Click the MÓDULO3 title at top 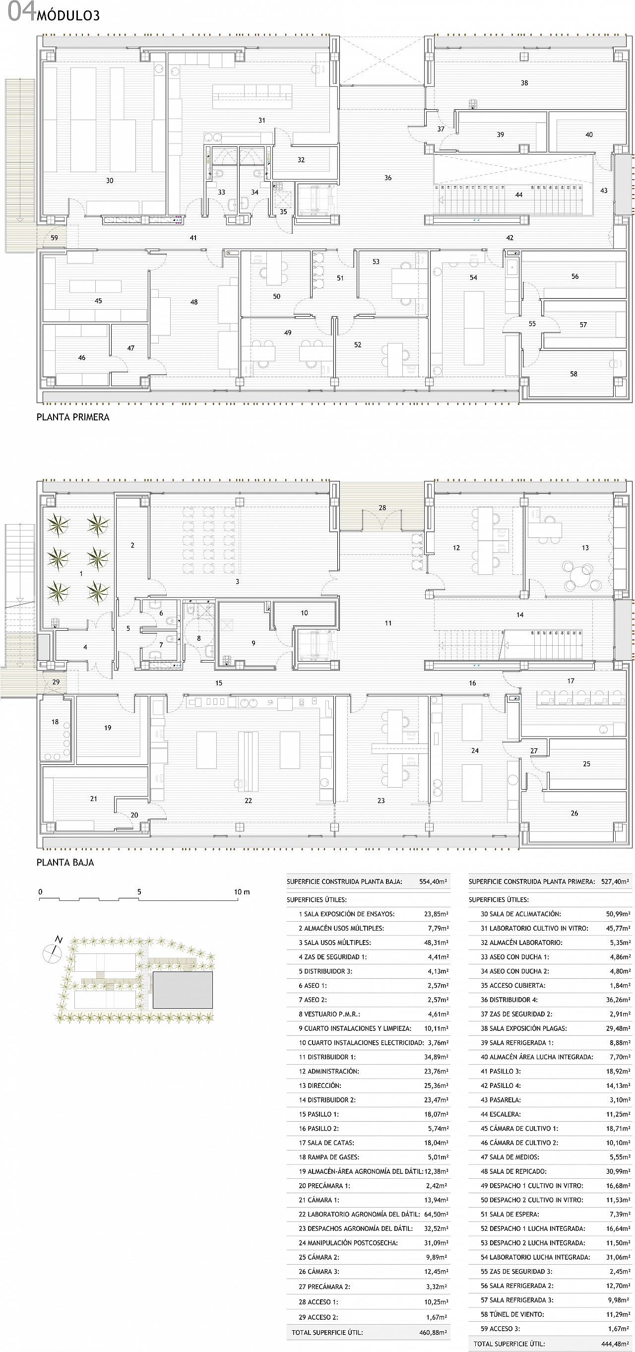tap(68, 16)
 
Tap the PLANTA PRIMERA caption tap(73, 417)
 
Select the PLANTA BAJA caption tap(65, 862)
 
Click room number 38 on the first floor tap(524, 83)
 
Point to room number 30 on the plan tap(110, 181)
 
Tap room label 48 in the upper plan tap(194, 302)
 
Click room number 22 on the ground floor tap(248, 801)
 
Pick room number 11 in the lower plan tap(388, 623)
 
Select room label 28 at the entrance tap(382, 508)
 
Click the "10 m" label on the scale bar tap(242, 892)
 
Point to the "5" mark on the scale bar tap(139, 892)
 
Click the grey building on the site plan tap(183, 990)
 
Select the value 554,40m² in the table tap(433, 882)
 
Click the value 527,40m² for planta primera tap(615, 882)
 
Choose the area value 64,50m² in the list tap(436, 1214)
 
